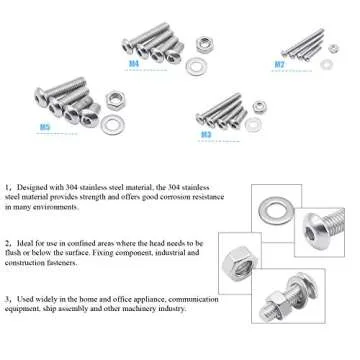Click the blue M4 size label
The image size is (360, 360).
(134, 63)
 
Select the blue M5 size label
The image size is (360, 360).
(45, 128)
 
